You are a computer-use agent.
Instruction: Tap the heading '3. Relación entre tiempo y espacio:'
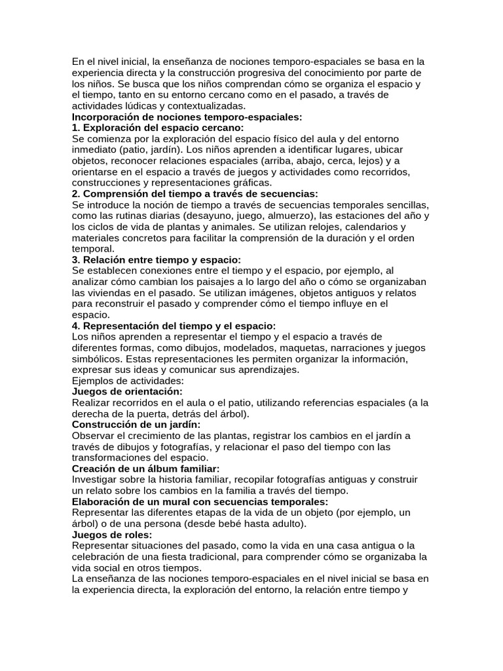tap(156, 260)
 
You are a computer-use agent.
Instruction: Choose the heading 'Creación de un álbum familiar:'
tap(145, 469)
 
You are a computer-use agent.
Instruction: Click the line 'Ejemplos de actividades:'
tap(128, 381)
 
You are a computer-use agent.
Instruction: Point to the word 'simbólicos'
tap(97, 359)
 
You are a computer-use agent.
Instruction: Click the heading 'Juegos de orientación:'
tap(127, 392)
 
